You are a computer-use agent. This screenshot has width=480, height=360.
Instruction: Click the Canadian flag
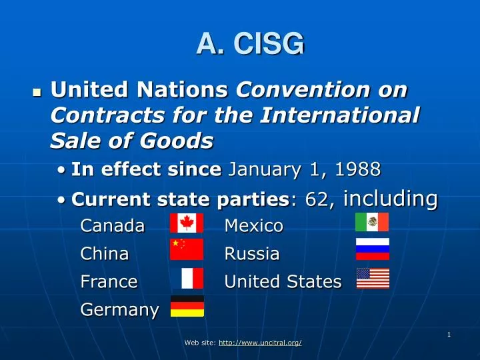[x=187, y=223]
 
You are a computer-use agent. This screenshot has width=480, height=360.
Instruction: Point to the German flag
[x=187, y=306]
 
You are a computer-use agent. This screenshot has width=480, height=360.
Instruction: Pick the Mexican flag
[x=371, y=222]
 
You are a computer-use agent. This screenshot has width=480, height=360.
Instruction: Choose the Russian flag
[x=373, y=249]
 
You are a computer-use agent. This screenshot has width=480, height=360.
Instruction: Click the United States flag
[x=373, y=279]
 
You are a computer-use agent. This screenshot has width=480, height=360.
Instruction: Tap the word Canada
[x=112, y=227]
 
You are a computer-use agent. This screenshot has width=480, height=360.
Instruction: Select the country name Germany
[x=119, y=310]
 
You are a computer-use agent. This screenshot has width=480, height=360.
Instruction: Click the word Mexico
[x=254, y=227]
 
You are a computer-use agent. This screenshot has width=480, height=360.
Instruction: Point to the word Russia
[x=251, y=254]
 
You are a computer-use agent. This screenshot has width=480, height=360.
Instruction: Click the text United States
[x=283, y=282]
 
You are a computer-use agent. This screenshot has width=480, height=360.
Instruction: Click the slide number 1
[x=449, y=335]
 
